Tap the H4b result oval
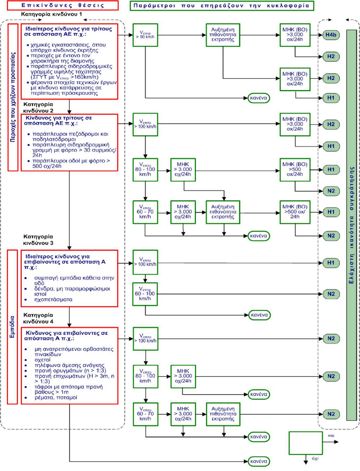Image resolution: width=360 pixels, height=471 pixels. click(x=331, y=35)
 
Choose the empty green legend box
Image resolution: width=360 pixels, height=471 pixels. click(x=305, y=442)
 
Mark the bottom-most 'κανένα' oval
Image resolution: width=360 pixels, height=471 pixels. click(x=258, y=461)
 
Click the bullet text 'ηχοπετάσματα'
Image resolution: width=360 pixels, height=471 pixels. click(x=49, y=300)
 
